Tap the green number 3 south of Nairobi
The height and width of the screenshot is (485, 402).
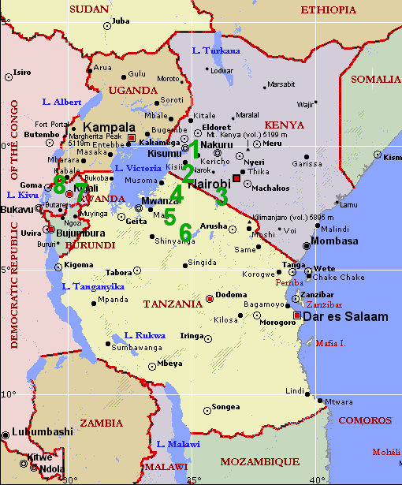(x=221, y=196)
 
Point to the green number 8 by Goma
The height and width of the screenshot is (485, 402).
(x=58, y=185)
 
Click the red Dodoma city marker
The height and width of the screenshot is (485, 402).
(x=210, y=298)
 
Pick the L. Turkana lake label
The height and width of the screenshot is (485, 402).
(x=216, y=50)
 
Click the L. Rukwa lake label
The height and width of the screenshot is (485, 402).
(x=145, y=335)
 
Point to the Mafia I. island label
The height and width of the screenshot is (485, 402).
(x=330, y=343)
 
